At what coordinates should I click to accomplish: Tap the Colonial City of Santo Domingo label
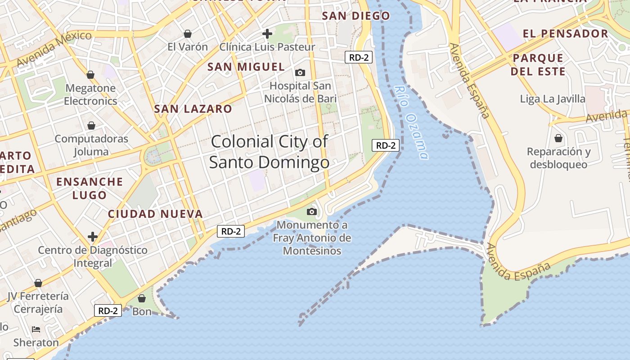coord(269,152)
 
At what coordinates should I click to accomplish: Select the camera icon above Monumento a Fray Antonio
coord(311,211)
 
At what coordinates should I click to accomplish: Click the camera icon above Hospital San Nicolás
coord(300,72)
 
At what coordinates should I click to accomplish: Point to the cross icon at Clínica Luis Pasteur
coord(267,33)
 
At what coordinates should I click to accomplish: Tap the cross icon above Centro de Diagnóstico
coord(93,237)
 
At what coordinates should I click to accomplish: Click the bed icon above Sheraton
coord(36,329)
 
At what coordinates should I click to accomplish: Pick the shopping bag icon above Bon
coord(142,298)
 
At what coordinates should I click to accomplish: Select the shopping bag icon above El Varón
coord(188,34)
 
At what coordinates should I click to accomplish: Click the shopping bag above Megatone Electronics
coord(90,75)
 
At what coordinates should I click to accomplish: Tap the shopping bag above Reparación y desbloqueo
coord(558,138)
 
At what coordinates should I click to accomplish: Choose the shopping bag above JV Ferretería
coord(38,283)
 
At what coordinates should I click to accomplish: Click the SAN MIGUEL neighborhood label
coord(246,67)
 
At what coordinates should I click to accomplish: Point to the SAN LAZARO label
coord(193,108)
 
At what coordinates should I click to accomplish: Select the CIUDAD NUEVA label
coord(155,214)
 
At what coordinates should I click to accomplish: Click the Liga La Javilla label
coord(553,99)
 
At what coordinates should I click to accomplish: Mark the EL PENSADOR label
coord(565,34)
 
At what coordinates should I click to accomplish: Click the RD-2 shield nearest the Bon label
coord(108,310)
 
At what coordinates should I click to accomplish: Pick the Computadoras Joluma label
coord(91,145)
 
